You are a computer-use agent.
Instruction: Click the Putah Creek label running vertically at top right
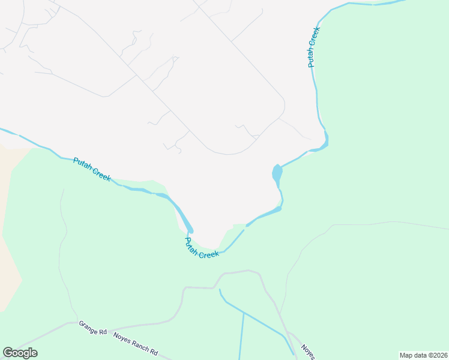pos(313,47)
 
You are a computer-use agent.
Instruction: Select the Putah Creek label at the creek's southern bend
pos(200,249)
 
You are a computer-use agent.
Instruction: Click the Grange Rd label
pos(92,328)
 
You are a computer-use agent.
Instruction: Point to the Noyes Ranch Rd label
pos(136,343)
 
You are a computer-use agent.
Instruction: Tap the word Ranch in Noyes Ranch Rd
pos(137,344)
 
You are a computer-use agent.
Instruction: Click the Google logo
pos(20,353)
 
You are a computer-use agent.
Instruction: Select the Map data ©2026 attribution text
pos(423,355)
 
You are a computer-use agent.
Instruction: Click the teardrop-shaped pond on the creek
pos(277,175)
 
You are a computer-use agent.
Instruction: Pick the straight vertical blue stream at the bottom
pos(242,336)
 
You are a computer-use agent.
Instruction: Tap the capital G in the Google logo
pos(8,353)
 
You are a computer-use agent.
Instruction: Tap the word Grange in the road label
pos(89,326)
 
